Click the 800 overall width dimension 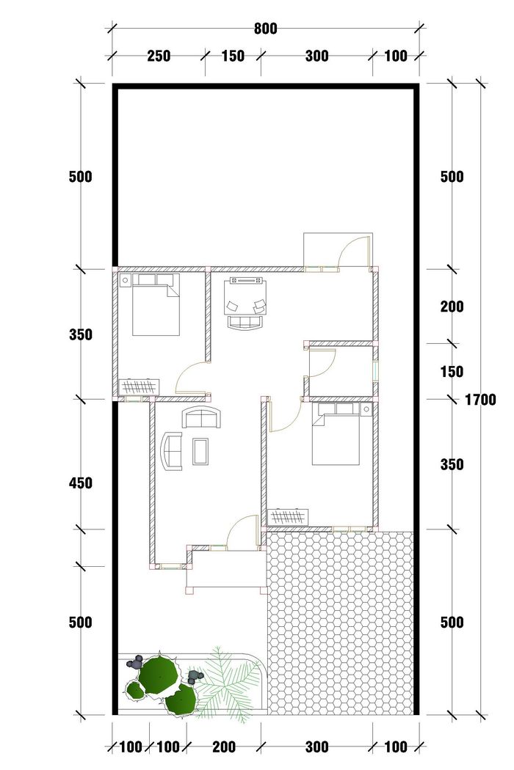(x=266, y=29)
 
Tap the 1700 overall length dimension (x=480, y=400)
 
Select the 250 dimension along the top (x=159, y=56)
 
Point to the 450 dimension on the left (x=81, y=483)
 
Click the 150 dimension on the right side (x=452, y=372)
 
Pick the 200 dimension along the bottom (x=224, y=747)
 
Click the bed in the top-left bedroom (x=156, y=305)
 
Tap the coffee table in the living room (x=200, y=451)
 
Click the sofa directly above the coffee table (x=202, y=418)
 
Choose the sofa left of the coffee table (x=172, y=451)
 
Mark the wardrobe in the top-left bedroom (x=140, y=386)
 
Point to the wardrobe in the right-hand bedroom (x=289, y=517)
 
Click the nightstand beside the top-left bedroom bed (x=125, y=280)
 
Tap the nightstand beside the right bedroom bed (x=366, y=409)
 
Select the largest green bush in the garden (x=158, y=672)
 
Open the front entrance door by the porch (x=242, y=530)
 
